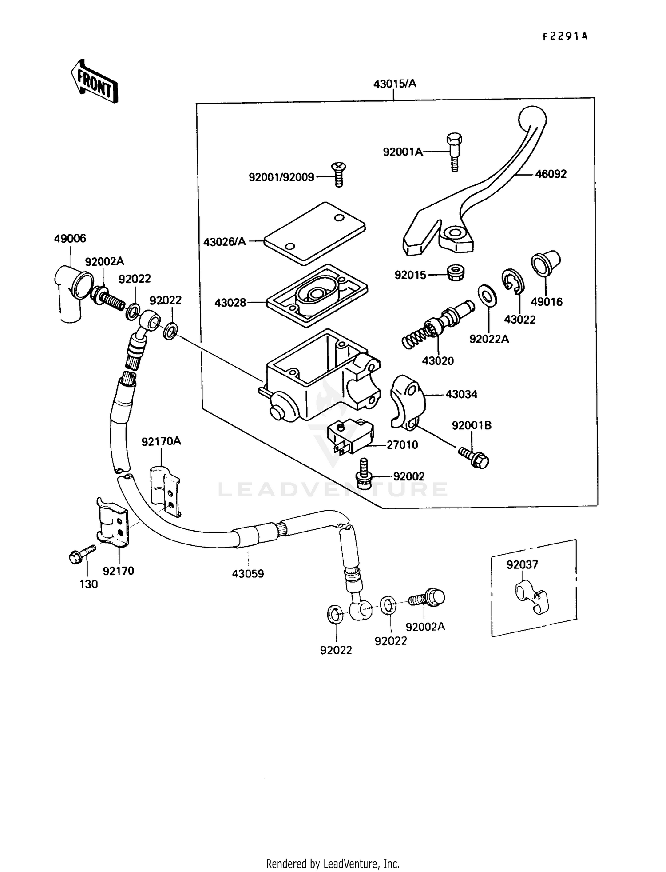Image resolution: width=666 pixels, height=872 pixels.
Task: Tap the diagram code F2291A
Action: (x=565, y=37)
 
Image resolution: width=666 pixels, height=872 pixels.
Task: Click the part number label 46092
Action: (x=551, y=174)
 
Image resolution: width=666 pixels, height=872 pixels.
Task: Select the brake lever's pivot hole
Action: (x=454, y=232)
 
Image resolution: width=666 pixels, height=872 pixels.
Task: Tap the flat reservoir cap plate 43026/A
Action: (x=314, y=233)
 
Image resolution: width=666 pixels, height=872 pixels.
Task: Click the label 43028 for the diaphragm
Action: (x=230, y=303)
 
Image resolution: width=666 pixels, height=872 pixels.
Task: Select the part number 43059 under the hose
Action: (x=248, y=574)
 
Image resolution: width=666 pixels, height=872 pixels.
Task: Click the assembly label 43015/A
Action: (x=395, y=84)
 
